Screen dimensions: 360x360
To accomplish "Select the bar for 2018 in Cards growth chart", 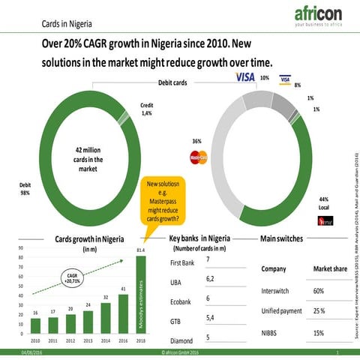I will click(x=140, y=295).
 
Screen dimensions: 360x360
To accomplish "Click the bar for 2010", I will click(x=35, y=325).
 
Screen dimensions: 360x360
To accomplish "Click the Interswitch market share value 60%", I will click(x=318, y=290).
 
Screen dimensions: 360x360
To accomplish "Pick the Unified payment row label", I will click(x=281, y=310).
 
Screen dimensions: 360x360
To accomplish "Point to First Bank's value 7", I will click(x=207, y=259).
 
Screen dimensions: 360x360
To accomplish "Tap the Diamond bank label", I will click(x=181, y=343).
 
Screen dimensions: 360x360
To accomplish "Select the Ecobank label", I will click(x=183, y=303).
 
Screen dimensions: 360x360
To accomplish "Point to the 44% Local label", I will click(x=324, y=202).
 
